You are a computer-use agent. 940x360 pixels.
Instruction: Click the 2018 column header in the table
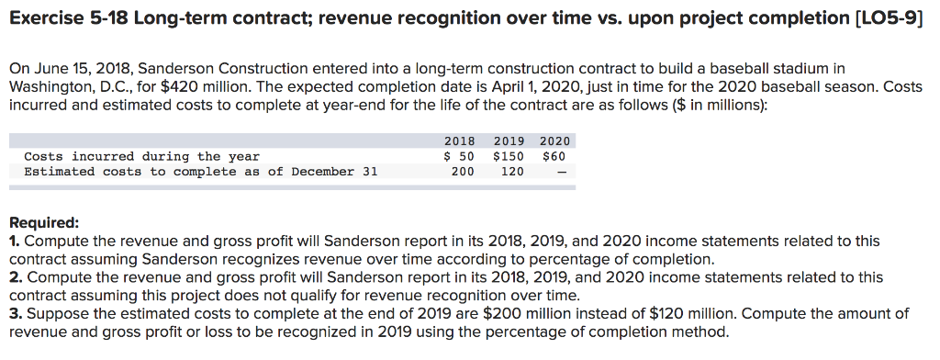coord(459,141)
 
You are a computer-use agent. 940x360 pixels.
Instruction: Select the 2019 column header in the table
coord(509,141)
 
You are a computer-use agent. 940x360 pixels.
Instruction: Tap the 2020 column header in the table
coord(554,141)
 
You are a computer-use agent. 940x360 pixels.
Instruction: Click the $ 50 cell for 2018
coord(459,156)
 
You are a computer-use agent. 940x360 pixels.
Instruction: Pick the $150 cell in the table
coord(509,156)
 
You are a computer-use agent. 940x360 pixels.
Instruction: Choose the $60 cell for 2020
coord(556,156)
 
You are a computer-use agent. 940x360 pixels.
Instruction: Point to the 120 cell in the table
coord(511,172)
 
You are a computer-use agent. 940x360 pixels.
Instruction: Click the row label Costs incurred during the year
coord(141,156)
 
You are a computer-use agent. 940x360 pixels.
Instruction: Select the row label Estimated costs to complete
coord(199,172)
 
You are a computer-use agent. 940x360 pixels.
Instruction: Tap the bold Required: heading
coord(44,223)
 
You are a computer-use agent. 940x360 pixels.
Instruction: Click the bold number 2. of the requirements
coord(15,277)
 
